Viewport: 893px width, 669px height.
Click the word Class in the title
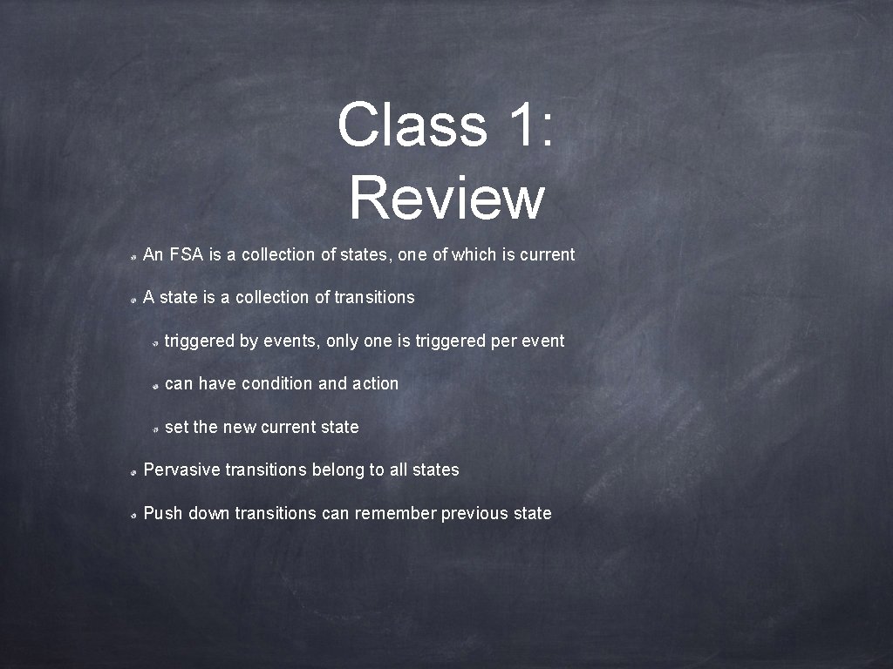412,125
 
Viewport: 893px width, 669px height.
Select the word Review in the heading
446,198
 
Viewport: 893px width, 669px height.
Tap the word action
375,384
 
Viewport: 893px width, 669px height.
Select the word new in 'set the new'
239,428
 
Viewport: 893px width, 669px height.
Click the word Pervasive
181,470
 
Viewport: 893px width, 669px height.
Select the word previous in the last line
475,514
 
